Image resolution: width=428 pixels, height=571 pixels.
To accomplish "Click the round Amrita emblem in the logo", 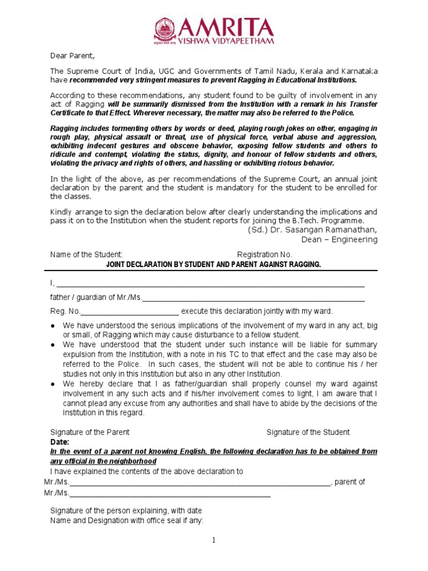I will [164, 30].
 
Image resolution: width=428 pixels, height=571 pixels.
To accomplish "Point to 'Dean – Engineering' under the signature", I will [339, 240].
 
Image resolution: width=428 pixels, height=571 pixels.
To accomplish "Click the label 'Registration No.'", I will [265, 255].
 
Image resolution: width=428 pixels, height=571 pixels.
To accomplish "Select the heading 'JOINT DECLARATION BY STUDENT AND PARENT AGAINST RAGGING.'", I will [214, 264].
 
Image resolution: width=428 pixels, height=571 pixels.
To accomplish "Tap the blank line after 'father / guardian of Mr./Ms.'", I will [254, 298].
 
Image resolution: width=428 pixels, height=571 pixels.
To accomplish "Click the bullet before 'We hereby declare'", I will [52, 384].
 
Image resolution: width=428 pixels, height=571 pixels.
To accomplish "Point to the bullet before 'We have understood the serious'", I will [52, 325].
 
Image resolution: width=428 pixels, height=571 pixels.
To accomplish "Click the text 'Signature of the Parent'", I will [90, 432].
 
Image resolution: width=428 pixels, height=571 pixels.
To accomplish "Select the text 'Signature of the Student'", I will [308, 432].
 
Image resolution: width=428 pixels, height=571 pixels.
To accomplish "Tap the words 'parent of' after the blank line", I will [351, 482].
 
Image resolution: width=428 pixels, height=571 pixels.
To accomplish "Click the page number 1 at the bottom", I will [213, 540].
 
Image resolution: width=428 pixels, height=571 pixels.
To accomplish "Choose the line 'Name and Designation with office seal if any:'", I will [127, 521].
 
